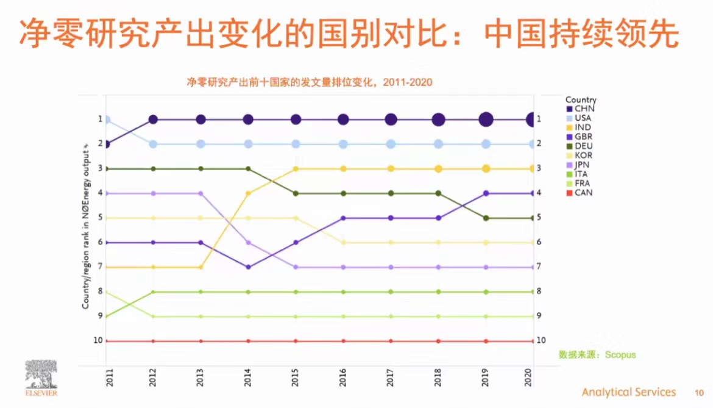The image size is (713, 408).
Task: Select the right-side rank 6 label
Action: click(539, 242)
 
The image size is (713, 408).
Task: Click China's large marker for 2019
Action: click(486, 120)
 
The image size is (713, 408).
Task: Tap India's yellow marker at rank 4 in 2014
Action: click(248, 193)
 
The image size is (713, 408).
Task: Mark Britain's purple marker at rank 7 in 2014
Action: click(248, 267)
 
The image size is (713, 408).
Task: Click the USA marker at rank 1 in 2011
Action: click(106, 120)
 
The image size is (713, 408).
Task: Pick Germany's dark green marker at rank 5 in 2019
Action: click(486, 218)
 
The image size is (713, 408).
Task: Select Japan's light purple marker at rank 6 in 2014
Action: click(248, 242)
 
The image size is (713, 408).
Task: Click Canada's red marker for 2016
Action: click(343, 341)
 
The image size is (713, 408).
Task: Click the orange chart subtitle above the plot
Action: click(310, 82)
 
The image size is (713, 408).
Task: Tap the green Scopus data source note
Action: click(597, 354)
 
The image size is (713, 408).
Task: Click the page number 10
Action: click(699, 393)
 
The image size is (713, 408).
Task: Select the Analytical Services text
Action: click(628, 392)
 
